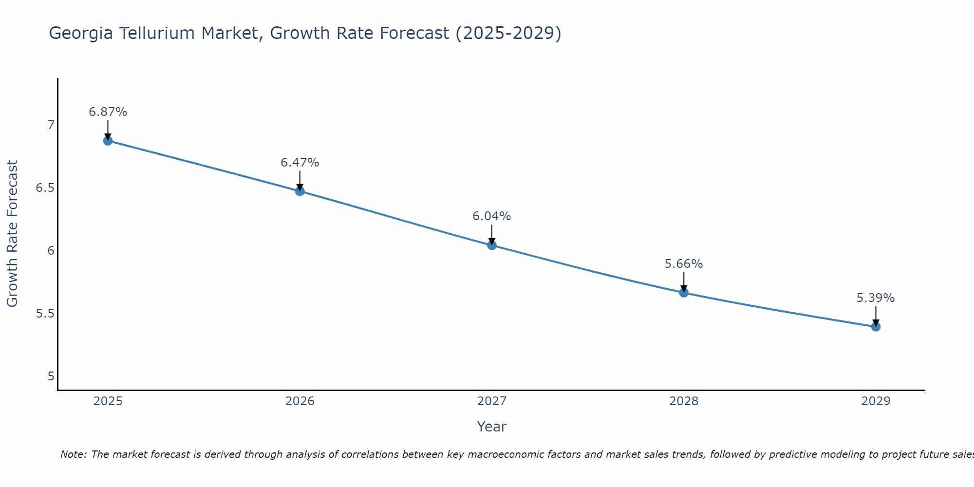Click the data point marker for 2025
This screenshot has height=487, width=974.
click(108, 141)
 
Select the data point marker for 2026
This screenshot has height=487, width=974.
click(300, 191)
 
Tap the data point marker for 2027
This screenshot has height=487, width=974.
click(492, 245)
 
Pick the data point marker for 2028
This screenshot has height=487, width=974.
click(684, 293)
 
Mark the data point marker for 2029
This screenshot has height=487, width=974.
click(876, 326)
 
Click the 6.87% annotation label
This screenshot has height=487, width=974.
click(108, 112)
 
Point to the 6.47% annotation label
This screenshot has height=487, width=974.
click(300, 163)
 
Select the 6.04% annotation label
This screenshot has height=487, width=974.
click(492, 216)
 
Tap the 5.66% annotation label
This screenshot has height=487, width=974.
click(684, 264)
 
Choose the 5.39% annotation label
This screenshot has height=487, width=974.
click(876, 298)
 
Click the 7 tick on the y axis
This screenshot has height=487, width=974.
click(51, 125)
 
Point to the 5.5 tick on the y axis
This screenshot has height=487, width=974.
click(45, 313)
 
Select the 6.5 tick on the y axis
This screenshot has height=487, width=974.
click(45, 188)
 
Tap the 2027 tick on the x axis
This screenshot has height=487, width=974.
click(492, 401)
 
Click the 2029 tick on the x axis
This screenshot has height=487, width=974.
click(876, 401)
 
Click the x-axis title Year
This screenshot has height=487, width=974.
click(492, 427)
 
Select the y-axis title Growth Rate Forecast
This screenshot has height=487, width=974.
click(12, 234)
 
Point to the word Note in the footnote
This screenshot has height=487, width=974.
click(73, 454)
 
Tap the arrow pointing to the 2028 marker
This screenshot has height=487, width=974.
click(684, 282)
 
